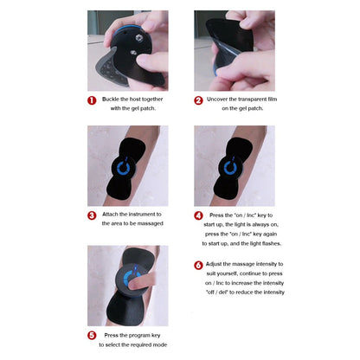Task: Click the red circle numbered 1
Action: point(91,100)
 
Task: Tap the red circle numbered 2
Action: point(198,100)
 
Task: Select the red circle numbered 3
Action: point(91,215)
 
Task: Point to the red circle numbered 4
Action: point(198,215)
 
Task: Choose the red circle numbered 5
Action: point(91,334)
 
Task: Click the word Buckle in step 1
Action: point(111,100)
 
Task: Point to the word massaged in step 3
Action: point(148,223)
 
